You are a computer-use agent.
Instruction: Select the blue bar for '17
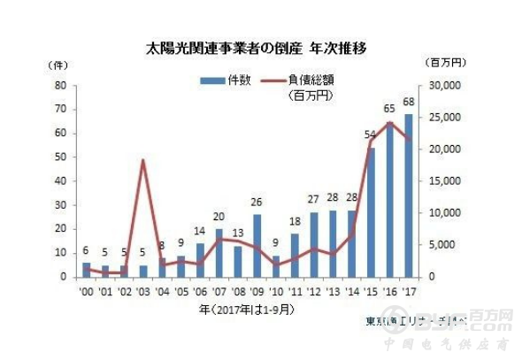coord(409,195)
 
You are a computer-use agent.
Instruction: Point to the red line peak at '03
coord(143,160)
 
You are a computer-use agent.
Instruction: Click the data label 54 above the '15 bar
coord(371,134)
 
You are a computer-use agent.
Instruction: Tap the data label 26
coord(257,202)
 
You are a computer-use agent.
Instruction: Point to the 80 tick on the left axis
coord(61,86)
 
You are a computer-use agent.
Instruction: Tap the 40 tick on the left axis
coord(61,181)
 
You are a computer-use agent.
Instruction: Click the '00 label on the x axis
coord(86,291)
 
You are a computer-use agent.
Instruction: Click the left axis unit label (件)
coord(58,65)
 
